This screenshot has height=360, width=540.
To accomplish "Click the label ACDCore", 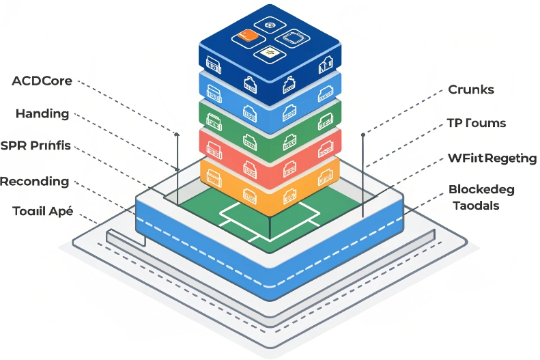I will coord(42,81).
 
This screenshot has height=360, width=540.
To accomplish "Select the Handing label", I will coord(42,113).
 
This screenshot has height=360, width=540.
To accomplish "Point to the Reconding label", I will coord(35,181).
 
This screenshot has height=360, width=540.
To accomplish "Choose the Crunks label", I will coord(471,89).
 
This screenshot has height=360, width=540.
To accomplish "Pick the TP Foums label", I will coord(477,123).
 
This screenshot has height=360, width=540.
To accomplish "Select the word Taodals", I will coord(477,205).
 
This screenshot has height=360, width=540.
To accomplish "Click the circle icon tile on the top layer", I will coord(270,27).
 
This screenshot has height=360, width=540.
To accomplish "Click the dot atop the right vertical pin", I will coord(363,135).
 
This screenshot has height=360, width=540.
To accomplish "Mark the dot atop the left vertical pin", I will coord(177,135).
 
